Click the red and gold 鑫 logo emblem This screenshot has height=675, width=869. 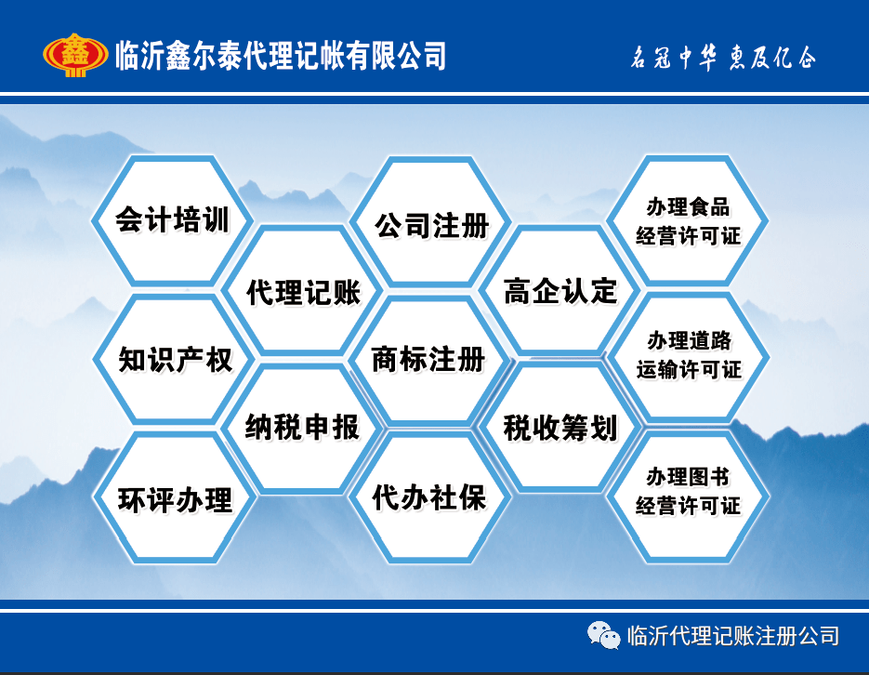[x=75, y=55]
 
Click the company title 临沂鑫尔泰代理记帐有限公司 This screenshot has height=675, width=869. [x=281, y=56]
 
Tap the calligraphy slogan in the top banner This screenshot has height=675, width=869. [x=723, y=57]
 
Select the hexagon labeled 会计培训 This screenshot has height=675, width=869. [x=172, y=220]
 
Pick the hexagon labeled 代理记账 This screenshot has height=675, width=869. [x=303, y=290]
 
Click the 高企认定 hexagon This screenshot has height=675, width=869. [x=560, y=290]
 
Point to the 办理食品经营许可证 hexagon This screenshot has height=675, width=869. [x=688, y=220]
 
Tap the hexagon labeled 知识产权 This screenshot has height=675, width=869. [x=174, y=359]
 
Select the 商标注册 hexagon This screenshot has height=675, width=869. [x=429, y=360]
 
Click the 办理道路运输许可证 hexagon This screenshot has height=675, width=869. [x=689, y=357]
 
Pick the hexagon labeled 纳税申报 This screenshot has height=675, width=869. [x=303, y=428]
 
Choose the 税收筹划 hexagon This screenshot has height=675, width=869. [x=560, y=427]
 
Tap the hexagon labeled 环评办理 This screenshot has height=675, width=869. [x=175, y=497]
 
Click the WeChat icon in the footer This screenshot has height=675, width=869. [x=603, y=635]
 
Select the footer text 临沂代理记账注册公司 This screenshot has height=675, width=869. [x=732, y=636]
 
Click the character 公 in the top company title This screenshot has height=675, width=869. [x=408, y=56]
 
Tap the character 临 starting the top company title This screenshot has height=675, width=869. [x=127, y=56]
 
